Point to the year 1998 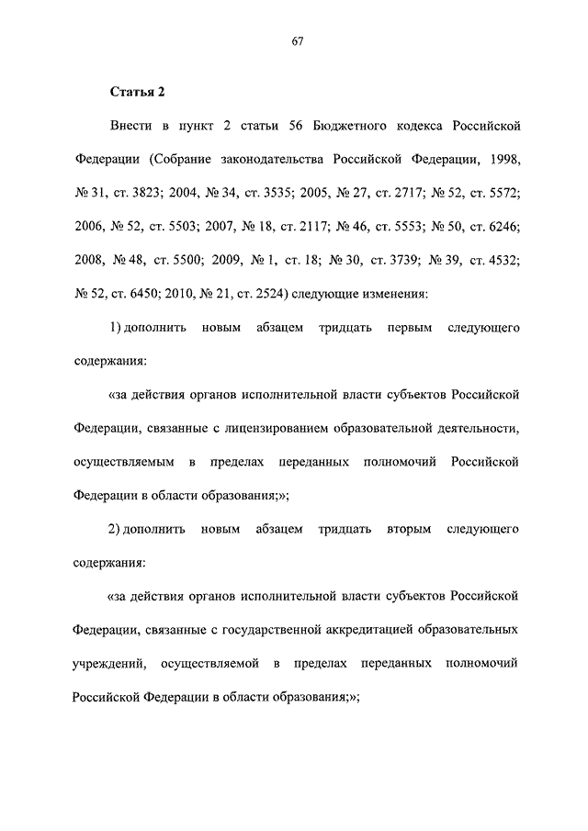tap(503, 159)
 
